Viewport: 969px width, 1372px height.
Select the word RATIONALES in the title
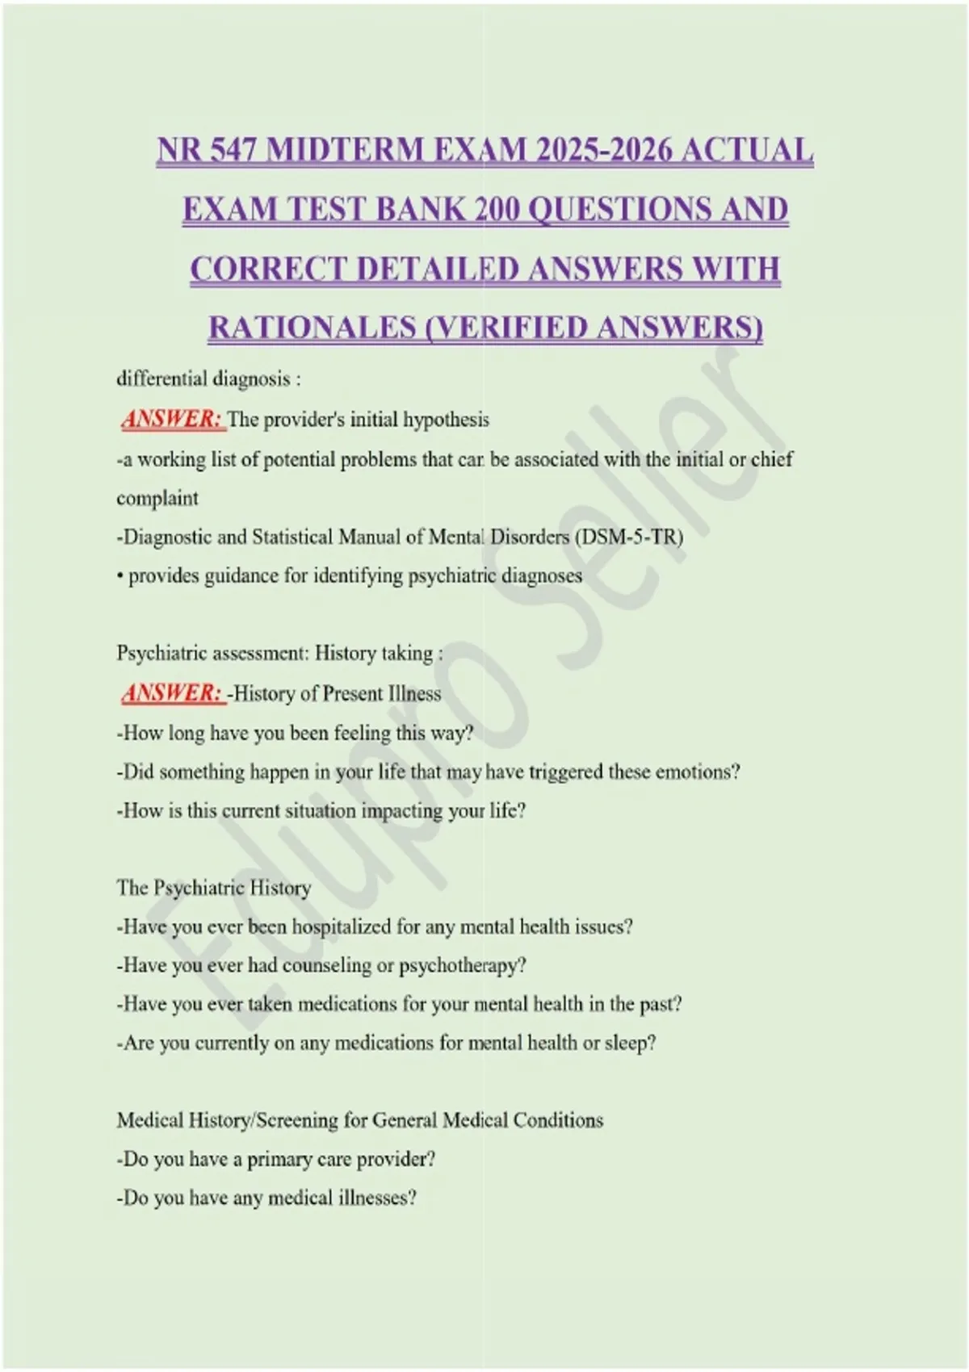(x=313, y=328)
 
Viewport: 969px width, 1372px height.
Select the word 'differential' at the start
(x=162, y=379)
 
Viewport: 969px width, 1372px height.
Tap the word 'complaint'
(x=157, y=499)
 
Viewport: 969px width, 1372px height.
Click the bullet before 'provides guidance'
(x=120, y=576)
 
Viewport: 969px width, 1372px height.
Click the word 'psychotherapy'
(x=463, y=966)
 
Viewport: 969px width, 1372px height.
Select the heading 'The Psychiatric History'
(x=214, y=889)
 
